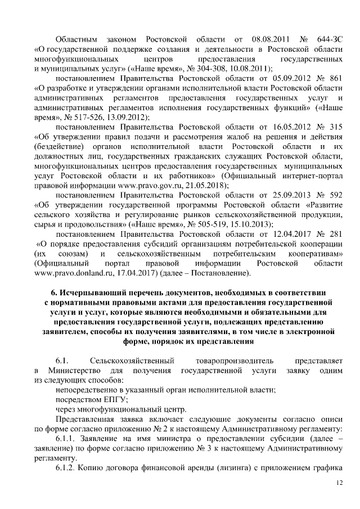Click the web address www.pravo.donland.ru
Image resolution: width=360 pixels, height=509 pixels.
coord(64,274)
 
